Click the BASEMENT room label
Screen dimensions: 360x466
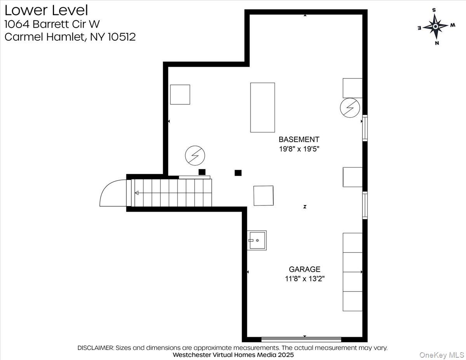(x=299, y=139)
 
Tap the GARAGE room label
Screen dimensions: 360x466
(x=304, y=269)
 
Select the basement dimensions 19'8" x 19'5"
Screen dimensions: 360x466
(x=299, y=149)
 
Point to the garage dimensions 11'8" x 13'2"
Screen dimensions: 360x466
(x=304, y=278)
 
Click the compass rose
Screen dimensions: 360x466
(x=435, y=26)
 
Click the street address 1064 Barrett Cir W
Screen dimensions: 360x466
(x=52, y=24)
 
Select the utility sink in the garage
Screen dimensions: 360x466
(x=257, y=240)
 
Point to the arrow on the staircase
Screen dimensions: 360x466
(x=137, y=193)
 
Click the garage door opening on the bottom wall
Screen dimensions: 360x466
(x=301, y=339)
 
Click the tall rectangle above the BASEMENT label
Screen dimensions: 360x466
(x=263, y=107)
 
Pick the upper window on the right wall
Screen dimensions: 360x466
(x=365, y=127)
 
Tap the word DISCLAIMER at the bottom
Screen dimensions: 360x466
(x=96, y=348)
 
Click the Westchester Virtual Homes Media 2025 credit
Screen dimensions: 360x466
(x=233, y=355)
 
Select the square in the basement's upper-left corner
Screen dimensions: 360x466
(x=180, y=94)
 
